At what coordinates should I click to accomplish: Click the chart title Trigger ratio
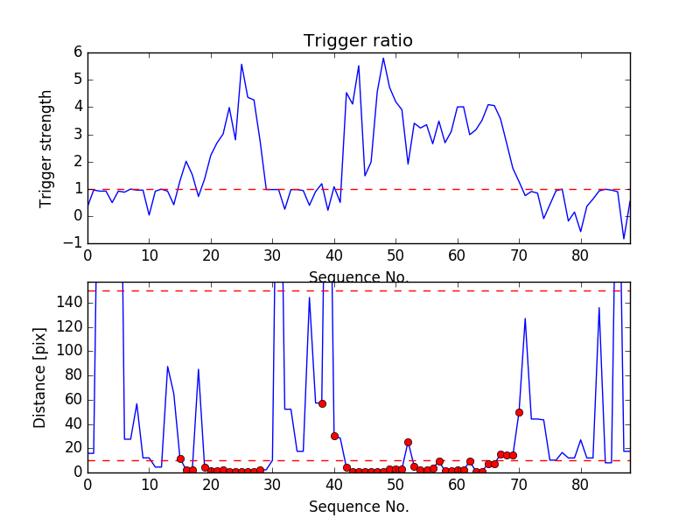click(358, 41)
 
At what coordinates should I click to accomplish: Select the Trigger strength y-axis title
click(47, 149)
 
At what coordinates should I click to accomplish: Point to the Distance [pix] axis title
click(40, 377)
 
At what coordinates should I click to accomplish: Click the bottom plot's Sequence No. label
click(358, 507)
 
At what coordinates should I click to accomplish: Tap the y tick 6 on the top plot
click(77, 52)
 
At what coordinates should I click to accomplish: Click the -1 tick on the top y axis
click(73, 243)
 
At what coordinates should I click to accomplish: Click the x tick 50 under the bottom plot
click(395, 484)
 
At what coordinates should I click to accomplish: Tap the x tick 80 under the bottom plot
click(580, 484)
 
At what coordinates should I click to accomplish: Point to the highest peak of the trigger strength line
click(383, 59)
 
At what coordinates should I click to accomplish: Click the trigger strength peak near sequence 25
click(241, 64)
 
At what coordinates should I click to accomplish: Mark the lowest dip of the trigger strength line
click(624, 238)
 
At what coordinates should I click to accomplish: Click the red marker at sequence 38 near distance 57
click(322, 403)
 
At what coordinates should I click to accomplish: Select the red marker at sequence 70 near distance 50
click(519, 412)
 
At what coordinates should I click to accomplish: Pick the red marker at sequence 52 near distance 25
click(408, 442)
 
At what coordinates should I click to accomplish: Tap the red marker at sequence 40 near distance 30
click(334, 436)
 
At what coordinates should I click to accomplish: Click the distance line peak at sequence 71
click(525, 318)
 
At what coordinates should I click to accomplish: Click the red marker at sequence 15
click(180, 458)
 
